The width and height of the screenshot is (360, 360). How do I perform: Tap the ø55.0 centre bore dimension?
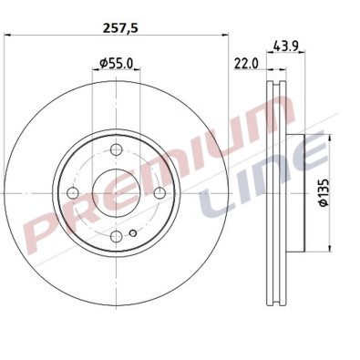[117, 64]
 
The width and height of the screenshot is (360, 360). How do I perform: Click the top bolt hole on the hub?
[117, 152]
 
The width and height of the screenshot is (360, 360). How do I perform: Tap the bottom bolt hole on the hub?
[117, 237]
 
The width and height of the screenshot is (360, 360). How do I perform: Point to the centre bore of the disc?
[117, 194]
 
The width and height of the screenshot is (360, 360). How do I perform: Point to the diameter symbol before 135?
[322, 210]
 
